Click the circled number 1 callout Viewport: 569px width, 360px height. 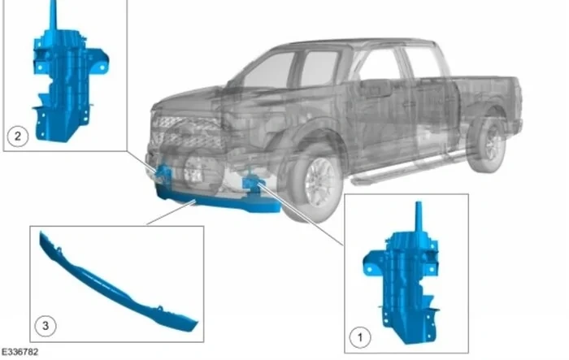click(x=360, y=337)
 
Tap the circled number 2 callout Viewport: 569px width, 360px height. click(x=17, y=136)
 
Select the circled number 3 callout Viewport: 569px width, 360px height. click(x=46, y=326)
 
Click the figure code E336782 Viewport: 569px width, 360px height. click(x=20, y=352)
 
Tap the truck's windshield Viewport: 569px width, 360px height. click(x=268, y=71)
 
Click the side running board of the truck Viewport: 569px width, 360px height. click(x=406, y=169)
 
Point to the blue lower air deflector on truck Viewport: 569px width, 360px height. click(x=218, y=201)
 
